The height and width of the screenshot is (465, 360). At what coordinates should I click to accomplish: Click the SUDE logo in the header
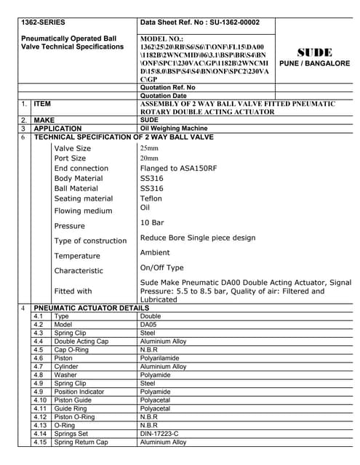click(315, 52)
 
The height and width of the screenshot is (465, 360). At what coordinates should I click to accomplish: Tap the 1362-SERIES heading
click(44, 22)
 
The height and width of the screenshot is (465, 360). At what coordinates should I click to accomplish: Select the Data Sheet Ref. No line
click(199, 22)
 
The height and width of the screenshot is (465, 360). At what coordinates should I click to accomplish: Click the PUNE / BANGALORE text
click(315, 64)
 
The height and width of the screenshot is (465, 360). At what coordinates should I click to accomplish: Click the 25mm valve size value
click(149, 148)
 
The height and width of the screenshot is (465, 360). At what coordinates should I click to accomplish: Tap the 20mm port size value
click(149, 158)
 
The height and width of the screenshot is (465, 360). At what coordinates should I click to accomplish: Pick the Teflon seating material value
click(151, 198)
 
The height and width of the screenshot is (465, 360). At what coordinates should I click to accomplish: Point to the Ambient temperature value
click(155, 253)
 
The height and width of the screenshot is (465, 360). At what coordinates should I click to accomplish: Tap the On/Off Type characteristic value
click(161, 268)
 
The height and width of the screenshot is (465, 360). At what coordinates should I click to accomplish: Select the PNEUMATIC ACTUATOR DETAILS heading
click(92, 308)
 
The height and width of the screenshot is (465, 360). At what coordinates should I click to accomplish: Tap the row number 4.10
click(41, 400)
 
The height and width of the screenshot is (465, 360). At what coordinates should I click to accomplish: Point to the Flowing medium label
click(83, 211)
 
